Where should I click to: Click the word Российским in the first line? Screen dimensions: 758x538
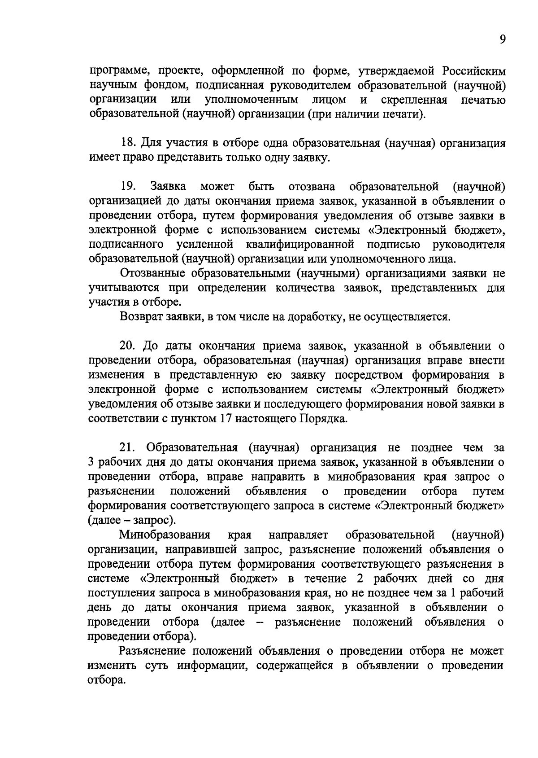tap(474, 71)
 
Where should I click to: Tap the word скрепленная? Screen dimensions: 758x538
tap(414, 100)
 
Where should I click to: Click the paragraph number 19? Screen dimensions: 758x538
tap(128, 187)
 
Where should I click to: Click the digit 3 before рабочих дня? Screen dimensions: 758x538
tap(91, 462)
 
